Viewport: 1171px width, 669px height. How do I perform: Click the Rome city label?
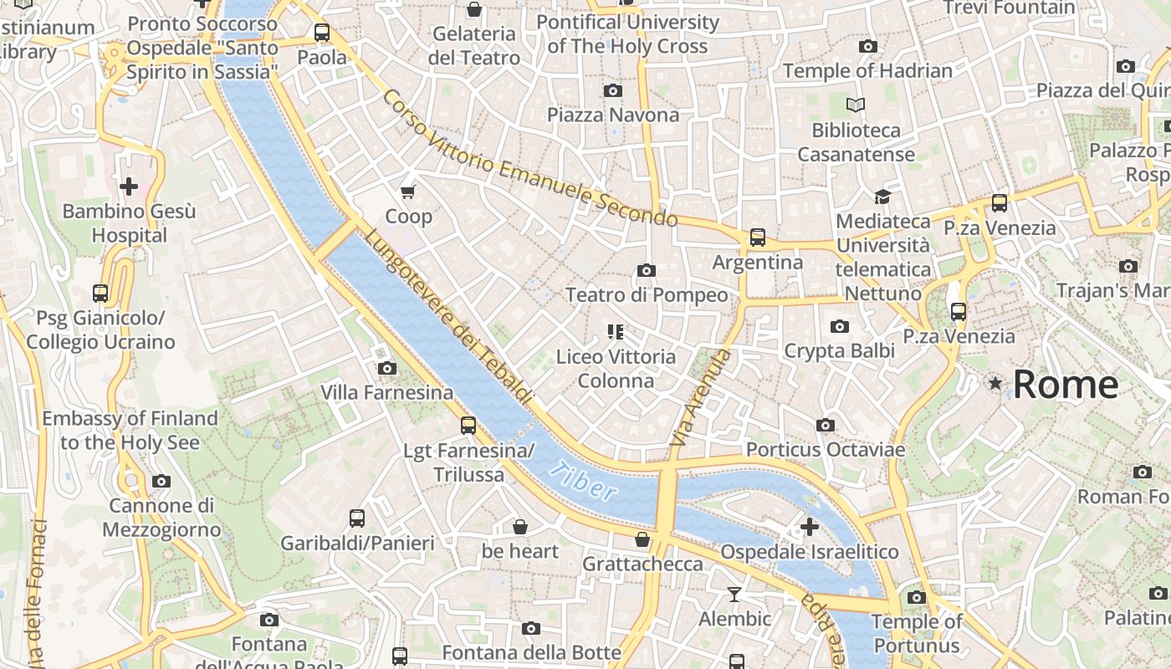1065,385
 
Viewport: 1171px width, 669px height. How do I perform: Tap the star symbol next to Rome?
995,384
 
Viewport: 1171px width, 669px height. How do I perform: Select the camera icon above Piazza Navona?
613,90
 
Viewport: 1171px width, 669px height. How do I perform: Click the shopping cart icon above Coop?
408,192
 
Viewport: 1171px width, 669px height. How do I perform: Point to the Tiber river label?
584,482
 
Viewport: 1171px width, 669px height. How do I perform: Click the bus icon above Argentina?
757,237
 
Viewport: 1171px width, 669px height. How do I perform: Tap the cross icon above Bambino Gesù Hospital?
129,186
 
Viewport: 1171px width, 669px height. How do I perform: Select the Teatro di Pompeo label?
647,295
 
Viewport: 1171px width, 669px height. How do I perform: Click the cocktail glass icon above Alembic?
734,595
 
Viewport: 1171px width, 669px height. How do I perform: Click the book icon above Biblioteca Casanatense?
855,105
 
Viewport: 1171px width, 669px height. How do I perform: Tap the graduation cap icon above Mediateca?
882,197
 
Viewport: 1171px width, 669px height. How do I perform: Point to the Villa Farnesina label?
386,392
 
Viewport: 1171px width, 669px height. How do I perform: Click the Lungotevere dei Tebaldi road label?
447,318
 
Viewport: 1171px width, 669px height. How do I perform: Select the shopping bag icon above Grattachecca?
642,539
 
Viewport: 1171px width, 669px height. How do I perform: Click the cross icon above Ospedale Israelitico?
809,527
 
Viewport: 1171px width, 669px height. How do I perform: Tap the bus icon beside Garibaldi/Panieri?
357,518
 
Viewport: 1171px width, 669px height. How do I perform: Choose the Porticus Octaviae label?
825,450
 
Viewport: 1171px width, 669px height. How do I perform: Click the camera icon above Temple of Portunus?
917,597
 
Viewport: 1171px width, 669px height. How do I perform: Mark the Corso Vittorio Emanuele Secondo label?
529,159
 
